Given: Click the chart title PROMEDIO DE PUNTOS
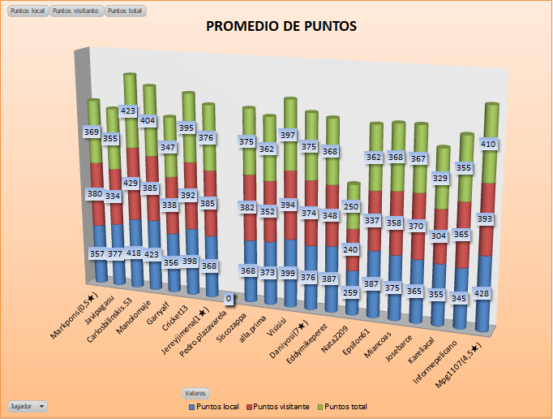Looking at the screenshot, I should pyautogui.click(x=281, y=26).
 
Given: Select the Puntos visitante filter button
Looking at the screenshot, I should pyautogui.click(x=76, y=11).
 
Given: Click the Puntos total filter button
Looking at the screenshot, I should pyautogui.click(x=125, y=11).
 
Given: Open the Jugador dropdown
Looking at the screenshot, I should pyautogui.click(x=27, y=404).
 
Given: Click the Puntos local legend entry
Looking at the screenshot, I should pyautogui.click(x=214, y=405).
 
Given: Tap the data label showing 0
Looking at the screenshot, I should pyautogui.click(x=229, y=300).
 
